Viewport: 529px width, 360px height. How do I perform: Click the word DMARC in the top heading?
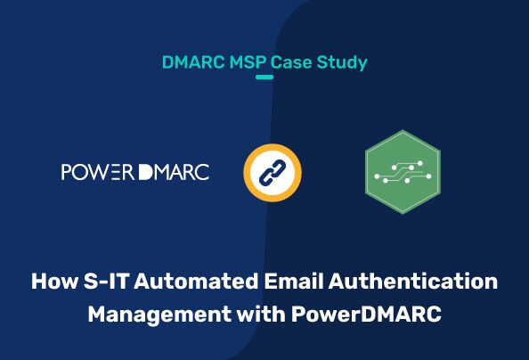(188, 62)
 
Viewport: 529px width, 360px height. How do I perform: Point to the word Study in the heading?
(341, 63)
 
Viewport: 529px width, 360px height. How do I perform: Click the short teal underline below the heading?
(264, 78)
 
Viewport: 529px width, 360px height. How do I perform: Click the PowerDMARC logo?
(134, 172)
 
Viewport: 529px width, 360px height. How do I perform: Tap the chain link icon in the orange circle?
(272, 172)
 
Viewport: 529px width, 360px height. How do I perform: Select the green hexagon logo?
(403, 172)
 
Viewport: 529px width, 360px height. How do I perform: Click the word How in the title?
(53, 282)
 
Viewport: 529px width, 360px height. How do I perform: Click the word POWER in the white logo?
(98, 172)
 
